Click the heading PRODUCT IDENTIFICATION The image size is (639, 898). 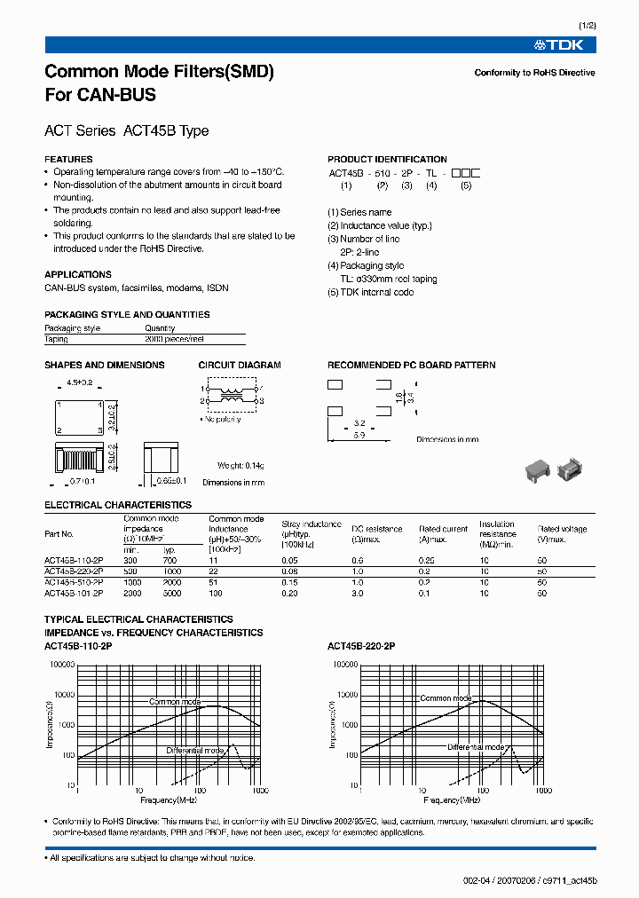tap(387, 160)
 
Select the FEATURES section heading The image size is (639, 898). tap(68, 160)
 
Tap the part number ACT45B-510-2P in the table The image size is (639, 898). tap(74, 582)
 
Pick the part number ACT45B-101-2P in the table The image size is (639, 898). tap(74, 593)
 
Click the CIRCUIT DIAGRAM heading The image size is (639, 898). tap(240, 366)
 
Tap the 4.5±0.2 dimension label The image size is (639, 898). tap(80, 382)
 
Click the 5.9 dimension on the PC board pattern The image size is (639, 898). tap(359, 436)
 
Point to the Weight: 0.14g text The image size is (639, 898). tap(241, 466)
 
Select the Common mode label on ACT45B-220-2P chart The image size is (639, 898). tap(446, 698)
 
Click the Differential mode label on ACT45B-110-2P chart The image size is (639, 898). tap(195, 751)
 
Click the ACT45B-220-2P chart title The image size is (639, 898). tap(361, 647)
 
